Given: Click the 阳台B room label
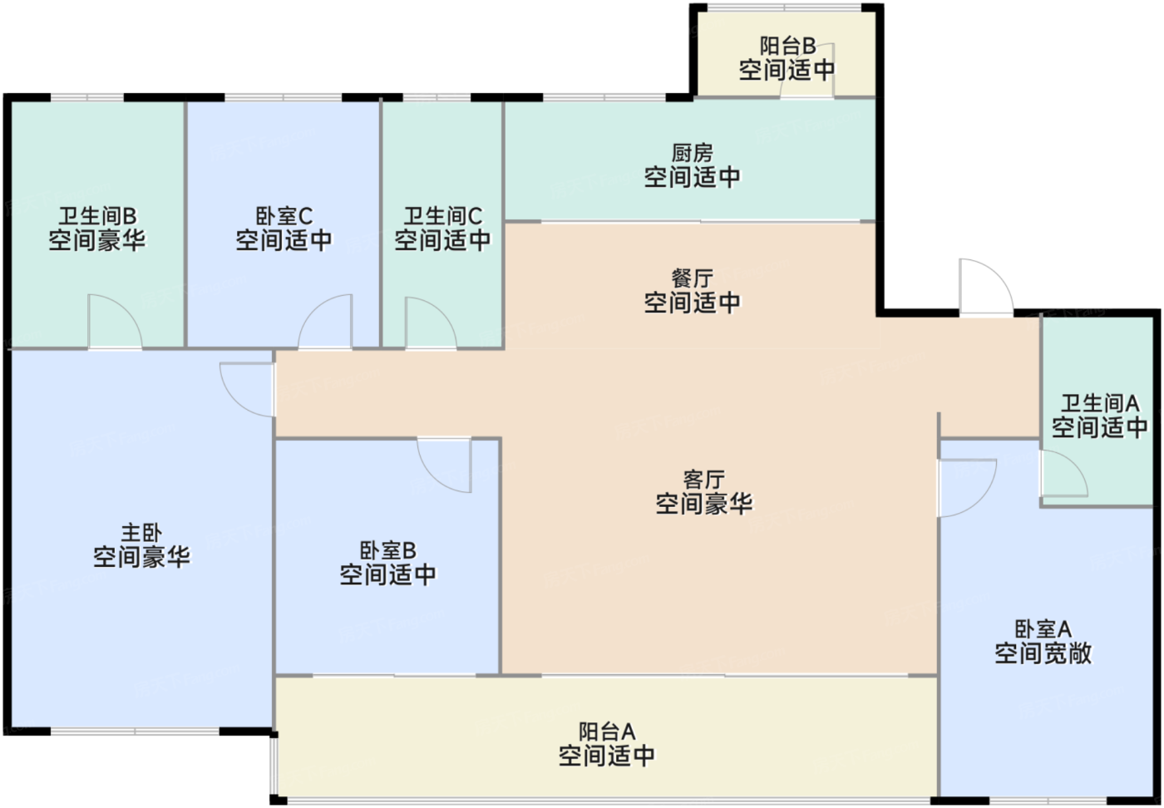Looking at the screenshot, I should [x=787, y=47].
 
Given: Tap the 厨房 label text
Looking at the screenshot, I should [x=692, y=154].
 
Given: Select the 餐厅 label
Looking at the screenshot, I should [x=692, y=278].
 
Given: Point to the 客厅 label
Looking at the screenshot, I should [x=703, y=480].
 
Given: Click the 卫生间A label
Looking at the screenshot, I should [x=1099, y=404].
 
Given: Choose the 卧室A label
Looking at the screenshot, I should [x=1043, y=629].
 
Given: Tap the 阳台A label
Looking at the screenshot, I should [x=607, y=732].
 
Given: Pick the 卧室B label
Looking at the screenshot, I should [x=387, y=550].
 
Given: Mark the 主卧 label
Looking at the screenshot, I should [x=141, y=532].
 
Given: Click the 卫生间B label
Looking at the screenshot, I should [x=96, y=216].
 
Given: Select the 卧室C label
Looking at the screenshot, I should [x=284, y=216].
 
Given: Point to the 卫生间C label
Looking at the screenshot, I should [x=442, y=216].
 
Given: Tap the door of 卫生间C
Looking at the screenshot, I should [x=428, y=324].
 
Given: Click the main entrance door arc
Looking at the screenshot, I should [x=984, y=288].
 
